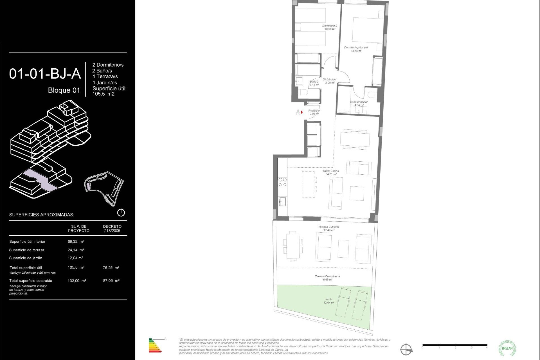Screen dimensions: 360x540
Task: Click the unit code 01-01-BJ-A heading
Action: pos(45,74)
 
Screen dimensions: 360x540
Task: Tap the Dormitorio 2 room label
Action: pos(330,27)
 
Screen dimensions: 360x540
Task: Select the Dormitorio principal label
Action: pos(356,49)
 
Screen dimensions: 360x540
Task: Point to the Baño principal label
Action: pos(359,103)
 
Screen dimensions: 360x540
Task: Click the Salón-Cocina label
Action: pos(331,172)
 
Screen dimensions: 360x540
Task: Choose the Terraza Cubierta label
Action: pos(328,228)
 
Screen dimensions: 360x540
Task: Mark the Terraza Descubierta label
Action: pos(327,278)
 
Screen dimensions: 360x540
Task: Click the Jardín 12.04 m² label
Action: pos(328,301)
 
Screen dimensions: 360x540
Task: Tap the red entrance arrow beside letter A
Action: pos(302,112)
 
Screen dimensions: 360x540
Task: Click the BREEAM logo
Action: pos(507,348)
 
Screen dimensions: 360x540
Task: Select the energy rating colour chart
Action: pos(155,345)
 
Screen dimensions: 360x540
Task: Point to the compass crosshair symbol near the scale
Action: pos(406,350)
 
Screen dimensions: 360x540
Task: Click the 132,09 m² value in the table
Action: pos(77,281)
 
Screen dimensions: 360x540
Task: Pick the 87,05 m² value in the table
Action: pos(111,281)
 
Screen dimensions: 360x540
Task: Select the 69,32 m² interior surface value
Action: pos(76,242)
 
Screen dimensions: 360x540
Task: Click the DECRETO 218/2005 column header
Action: pos(112,228)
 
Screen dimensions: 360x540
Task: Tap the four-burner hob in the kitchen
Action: pos(282,182)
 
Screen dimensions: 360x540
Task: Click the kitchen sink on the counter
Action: pos(282,201)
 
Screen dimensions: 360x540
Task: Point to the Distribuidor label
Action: pos(329,81)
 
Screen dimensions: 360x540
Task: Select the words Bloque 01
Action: pos(64,90)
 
